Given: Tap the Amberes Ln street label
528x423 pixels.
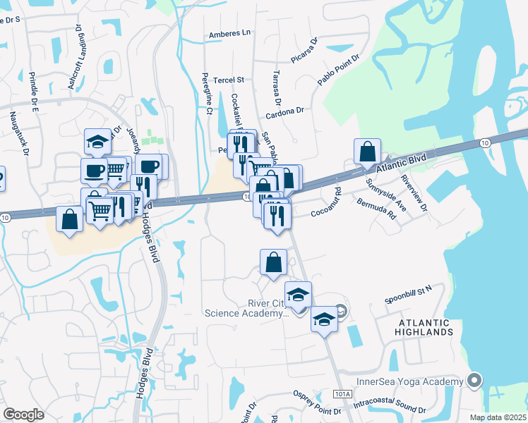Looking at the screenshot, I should point(229,33).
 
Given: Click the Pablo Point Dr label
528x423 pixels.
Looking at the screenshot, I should point(339,70).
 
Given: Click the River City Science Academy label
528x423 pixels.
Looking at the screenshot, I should point(246,309).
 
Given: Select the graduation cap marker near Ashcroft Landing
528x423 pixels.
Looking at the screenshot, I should point(97,142).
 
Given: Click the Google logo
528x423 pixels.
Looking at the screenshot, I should point(23,415).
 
